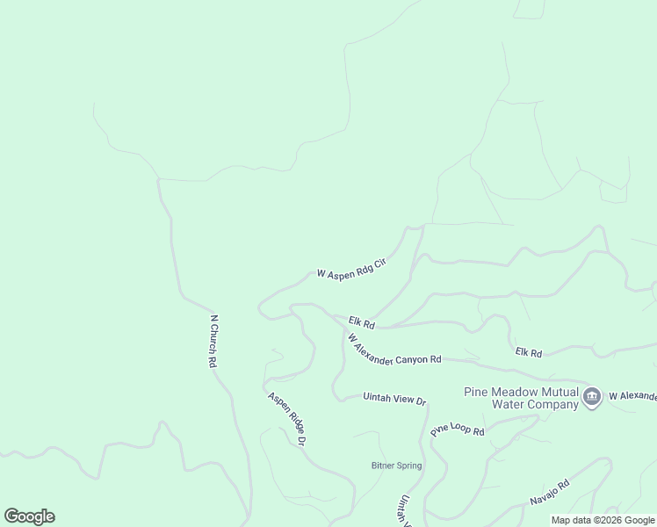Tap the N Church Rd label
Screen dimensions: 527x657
pos(213,340)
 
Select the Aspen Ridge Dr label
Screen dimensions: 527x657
pos(286,418)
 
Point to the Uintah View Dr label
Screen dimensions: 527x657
pos(394,398)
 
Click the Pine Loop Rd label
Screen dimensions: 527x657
pos(458,430)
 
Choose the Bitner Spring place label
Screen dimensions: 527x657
pos(395,466)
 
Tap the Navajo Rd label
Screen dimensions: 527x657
pos(550,492)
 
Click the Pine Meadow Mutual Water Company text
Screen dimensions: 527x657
pos(522,398)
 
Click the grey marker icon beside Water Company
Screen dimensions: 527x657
pos(592,398)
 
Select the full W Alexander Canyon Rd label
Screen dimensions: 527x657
pos(393,350)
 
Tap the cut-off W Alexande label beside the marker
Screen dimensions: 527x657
pos(632,397)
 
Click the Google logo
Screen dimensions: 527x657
pos(29,516)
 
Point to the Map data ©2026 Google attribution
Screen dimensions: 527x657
pos(603,520)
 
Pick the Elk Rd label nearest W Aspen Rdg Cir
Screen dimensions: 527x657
pos(361,323)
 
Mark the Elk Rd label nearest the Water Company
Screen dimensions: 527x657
pos(529,352)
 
